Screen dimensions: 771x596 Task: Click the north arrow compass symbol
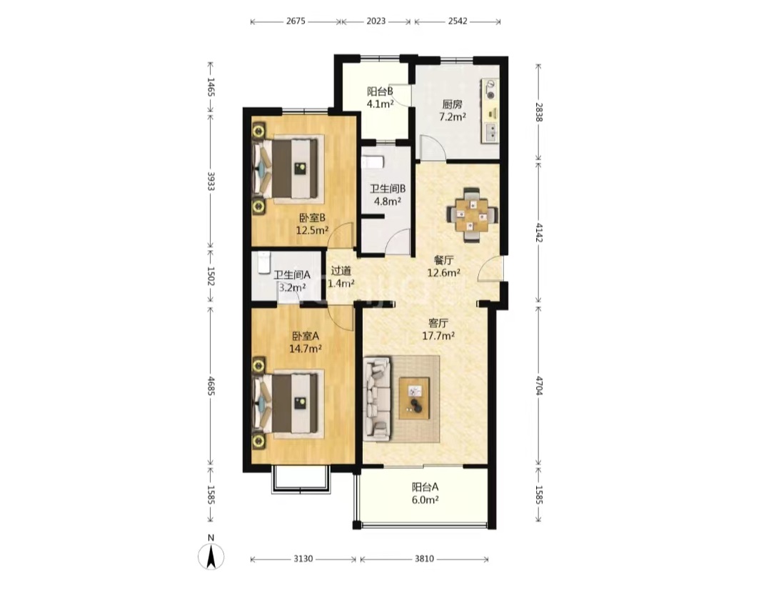point(211,556)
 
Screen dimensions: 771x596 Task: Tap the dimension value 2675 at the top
point(296,21)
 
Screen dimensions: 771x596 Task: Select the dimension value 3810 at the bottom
point(424,559)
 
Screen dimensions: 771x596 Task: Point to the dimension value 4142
point(540,232)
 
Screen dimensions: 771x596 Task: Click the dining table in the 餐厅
point(472,214)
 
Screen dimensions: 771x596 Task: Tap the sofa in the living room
point(377,399)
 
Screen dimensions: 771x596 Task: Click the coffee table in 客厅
point(414,398)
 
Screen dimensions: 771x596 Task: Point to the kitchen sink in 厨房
point(490,132)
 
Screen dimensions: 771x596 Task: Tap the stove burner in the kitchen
point(490,89)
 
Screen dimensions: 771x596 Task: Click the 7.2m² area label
point(453,117)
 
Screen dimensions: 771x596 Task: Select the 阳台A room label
point(425,487)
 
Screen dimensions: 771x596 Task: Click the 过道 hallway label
point(341,271)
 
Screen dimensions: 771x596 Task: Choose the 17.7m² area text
point(438,336)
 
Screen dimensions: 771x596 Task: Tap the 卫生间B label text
point(388,189)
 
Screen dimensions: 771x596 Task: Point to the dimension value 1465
point(211,87)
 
